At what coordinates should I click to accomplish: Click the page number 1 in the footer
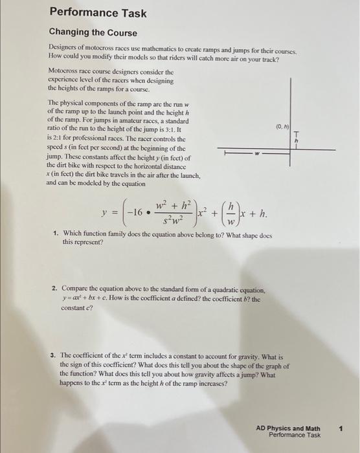click(x=341, y=428)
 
